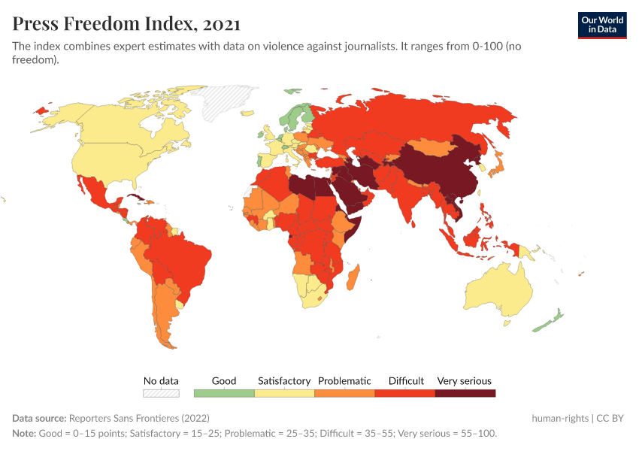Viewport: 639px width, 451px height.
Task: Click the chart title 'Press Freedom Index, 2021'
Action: (x=126, y=24)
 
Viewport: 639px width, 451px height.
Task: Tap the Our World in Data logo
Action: (x=601, y=25)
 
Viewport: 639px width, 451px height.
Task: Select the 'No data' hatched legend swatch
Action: (x=161, y=392)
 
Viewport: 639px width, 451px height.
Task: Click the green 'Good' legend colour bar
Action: (x=224, y=392)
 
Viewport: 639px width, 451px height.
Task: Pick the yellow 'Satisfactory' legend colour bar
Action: (x=284, y=392)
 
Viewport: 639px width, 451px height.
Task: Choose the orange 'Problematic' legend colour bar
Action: (x=344, y=392)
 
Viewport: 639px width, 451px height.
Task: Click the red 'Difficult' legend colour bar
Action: (x=405, y=392)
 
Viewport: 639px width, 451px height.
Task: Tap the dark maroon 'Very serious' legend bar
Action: (x=465, y=392)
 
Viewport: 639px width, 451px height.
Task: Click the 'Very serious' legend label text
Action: (x=464, y=380)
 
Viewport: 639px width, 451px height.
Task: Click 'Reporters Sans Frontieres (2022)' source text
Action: (x=139, y=418)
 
